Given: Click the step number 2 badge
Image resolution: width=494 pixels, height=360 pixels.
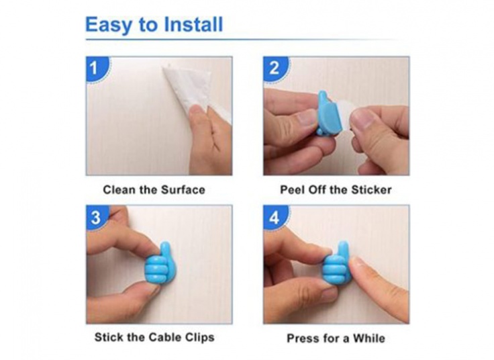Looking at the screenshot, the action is click(275, 69).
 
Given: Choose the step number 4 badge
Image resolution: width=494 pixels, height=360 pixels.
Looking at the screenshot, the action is click(275, 218).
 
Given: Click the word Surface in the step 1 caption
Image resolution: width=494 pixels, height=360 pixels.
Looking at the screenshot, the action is click(183, 190).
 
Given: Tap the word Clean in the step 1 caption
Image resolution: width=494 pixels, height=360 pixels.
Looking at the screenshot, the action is click(119, 190).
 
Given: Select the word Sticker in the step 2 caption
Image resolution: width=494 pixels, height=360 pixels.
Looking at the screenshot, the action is click(371, 190).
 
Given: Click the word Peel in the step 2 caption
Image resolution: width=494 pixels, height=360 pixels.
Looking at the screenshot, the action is click(292, 190).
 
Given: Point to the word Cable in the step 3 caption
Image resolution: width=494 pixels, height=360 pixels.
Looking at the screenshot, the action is click(165, 337).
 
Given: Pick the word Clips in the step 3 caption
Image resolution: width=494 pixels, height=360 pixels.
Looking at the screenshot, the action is click(200, 338).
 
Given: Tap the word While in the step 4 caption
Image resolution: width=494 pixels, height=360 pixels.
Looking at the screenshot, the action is click(368, 339).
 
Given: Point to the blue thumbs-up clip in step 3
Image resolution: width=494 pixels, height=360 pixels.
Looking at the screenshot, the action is click(160, 263).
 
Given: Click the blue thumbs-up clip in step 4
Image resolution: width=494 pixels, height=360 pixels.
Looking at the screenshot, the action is click(336, 263).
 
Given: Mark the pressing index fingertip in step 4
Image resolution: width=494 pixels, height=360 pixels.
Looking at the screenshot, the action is click(356, 265).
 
